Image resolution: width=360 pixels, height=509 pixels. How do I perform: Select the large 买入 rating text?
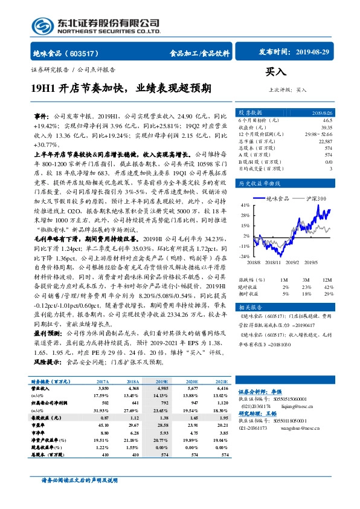click(x=275, y=73)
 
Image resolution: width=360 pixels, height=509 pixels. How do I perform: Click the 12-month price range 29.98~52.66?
click(x=319, y=135)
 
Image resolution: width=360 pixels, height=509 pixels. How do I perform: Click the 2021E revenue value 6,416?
click(x=222, y=389)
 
